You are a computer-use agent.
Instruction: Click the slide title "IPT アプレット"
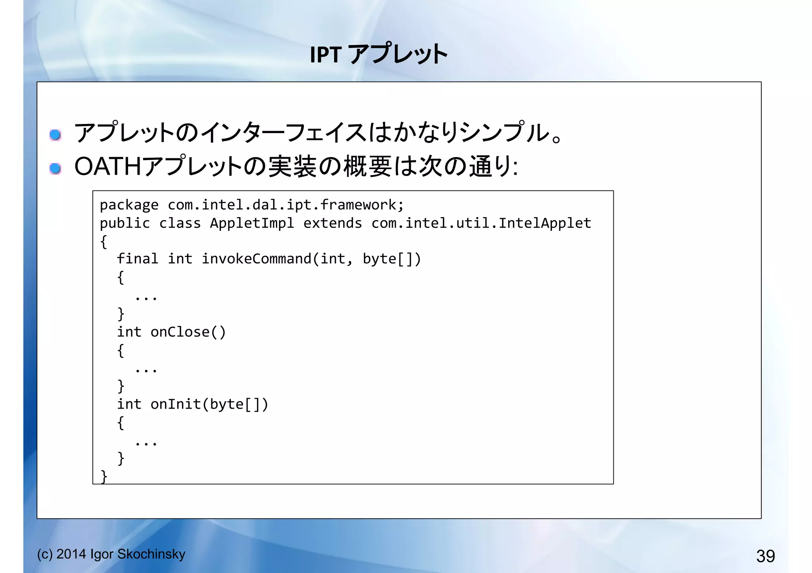point(379,54)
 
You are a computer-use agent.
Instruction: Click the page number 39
point(765,556)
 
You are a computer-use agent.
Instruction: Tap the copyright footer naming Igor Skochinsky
point(111,554)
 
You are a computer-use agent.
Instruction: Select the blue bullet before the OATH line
point(56,169)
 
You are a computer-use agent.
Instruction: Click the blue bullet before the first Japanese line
point(56,135)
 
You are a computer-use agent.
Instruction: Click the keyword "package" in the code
point(129,205)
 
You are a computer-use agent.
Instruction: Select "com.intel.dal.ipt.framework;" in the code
point(285,205)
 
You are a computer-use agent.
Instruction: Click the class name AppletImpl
point(252,223)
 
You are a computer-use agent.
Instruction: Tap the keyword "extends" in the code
point(332,223)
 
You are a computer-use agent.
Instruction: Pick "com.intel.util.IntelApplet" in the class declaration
point(481,223)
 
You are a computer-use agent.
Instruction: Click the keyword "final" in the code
point(137,259)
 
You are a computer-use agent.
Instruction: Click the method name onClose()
point(188,332)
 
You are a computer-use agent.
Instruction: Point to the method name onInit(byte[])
point(209,404)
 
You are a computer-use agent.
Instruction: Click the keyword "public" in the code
point(125,223)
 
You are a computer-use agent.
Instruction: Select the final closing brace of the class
point(104,476)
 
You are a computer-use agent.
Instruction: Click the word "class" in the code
point(180,223)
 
